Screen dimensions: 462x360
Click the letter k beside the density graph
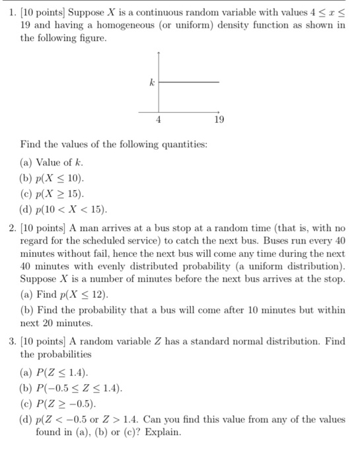(152, 82)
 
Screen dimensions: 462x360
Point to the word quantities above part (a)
(181, 144)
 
